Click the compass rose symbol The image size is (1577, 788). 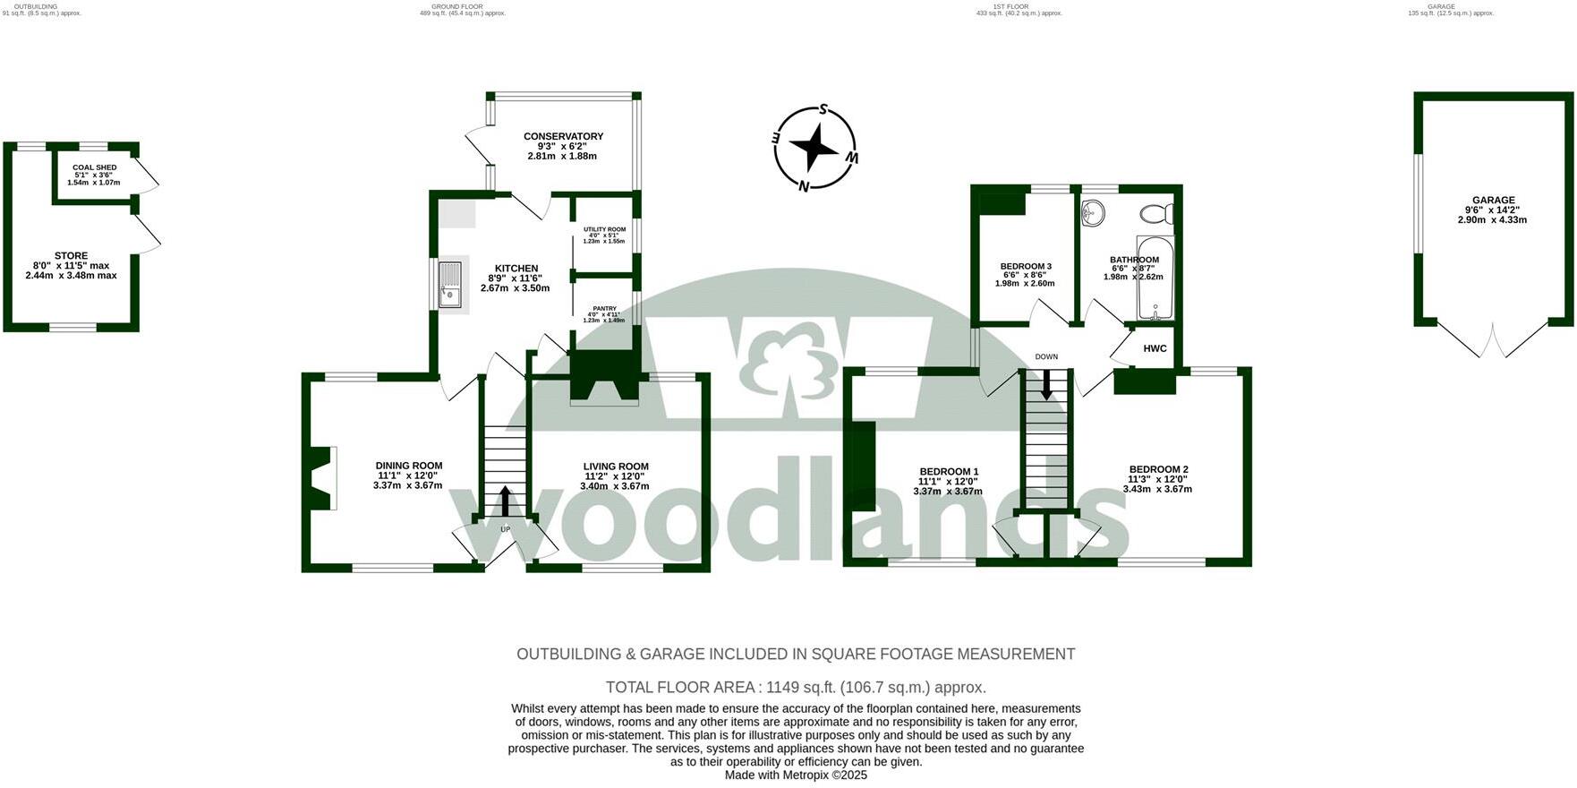tap(814, 149)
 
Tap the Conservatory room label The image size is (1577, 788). tap(563, 136)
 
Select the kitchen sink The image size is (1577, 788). tap(451, 283)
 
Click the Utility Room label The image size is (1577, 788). tap(604, 229)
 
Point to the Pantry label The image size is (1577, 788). tap(604, 308)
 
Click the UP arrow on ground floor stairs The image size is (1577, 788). tap(505, 501)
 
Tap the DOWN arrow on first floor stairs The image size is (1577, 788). tap(1046, 384)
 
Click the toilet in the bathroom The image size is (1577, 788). tap(1156, 214)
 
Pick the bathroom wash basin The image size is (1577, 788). tap(1093, 212)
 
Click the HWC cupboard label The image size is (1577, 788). tap(1155, 348)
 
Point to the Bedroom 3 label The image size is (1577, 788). tap(1026, 266)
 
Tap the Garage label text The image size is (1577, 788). tap(1494, 201)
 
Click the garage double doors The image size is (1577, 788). tap(1493, 340)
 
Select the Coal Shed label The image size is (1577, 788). tap(94, 167)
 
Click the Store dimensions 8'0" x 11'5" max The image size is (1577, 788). tap(71, 266)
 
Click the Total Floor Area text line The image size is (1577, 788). tap(796, 688)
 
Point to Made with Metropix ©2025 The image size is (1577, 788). tap(796, 775)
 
